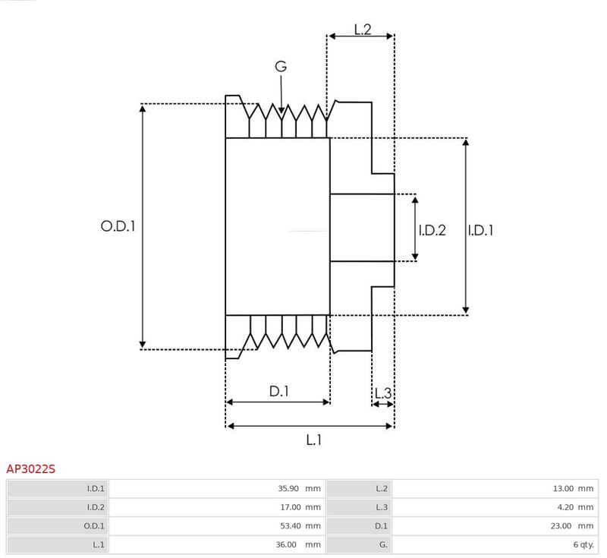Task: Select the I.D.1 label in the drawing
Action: pyautogui.click(x=480, y=229)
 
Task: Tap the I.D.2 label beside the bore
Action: pyautogui.click(x=432, y=229)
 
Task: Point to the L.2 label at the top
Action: pyautogui.click(x=362, y=30)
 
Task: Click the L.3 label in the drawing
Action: pyautogui.click(x=383, y=393)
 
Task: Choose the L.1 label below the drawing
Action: pyautogui.click(x=314, y=440)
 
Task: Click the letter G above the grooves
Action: pyautogui.click(x=281, y=67)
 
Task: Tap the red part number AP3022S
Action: pyautogui.click(x=31, y=469)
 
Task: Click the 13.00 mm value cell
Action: pyautogui.click(x=495, y=488)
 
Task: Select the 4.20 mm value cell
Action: pyautogui.click(x=495, y=507)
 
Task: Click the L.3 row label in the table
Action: pyautogui.click(x=358, y=507)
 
